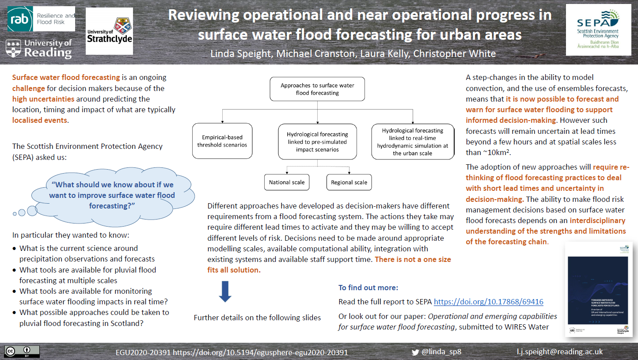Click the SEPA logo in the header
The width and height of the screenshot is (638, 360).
click(x=598, y=30)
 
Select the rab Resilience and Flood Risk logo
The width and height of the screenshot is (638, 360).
click(x=42, y=19)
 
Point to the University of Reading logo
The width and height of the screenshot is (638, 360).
click(x=39, y=49)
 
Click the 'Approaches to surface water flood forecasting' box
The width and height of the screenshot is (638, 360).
click(x=317, y=89)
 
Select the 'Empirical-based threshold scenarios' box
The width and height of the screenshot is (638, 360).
click(x=222, y=141)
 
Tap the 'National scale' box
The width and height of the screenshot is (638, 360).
click(x=286, y=182)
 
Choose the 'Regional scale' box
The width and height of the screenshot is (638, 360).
click(x=349, y=182)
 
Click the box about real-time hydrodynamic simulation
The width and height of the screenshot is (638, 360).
click(x=413, y=141)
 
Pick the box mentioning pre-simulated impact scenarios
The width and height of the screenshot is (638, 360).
click(x=317, y=141)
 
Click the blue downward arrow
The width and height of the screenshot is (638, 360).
click(x=225, y=292)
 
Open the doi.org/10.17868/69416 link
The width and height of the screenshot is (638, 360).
click(x=488, y=302)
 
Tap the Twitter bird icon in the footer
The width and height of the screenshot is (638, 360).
click(x=415, y=352)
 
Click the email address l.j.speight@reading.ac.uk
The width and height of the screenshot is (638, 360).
click(x=559, y=352)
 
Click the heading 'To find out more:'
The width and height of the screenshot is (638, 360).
click(x=368, y=288)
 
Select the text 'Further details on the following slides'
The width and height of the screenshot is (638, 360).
click(x=257, y=318)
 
